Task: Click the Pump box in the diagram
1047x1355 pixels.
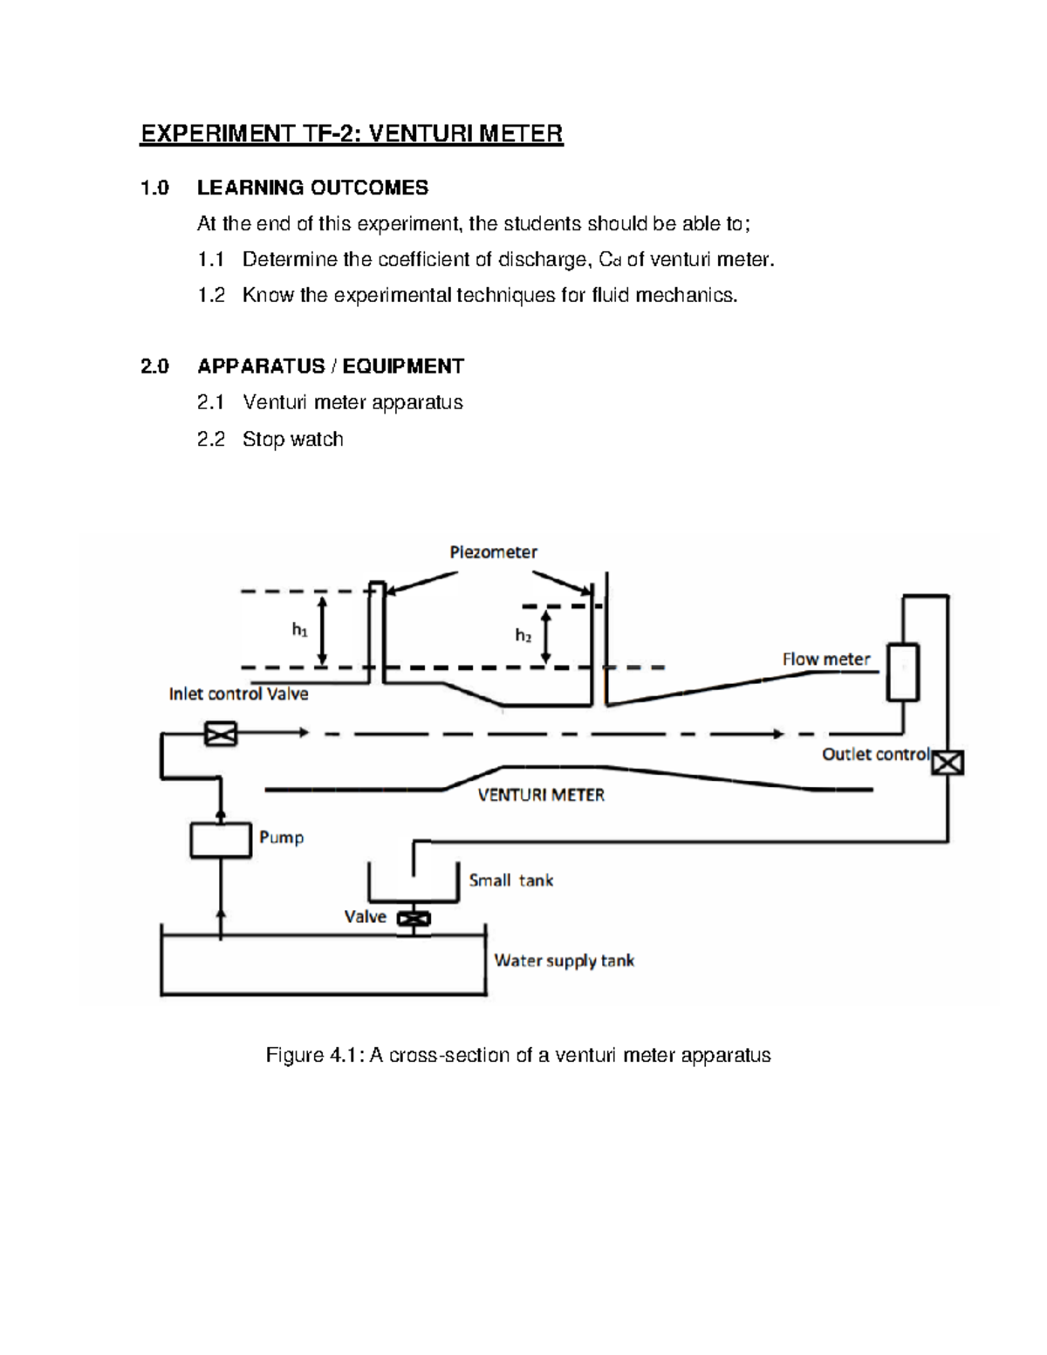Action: tap(221, 840)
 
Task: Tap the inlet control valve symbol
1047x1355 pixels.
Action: tap(220, 734)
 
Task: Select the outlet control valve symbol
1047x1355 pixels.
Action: tap(948, 763)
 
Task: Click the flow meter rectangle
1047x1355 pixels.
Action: tap(903, 672)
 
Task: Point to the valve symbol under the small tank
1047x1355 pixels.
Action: tap(414, 919)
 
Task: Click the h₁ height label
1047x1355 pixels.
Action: tap(299, 629)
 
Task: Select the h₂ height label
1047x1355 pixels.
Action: tap(523, 635)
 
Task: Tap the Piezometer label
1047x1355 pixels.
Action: tap(493, 551)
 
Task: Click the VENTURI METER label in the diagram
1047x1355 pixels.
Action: tap(541, 795)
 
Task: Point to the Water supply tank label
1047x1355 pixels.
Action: tap(564, 961)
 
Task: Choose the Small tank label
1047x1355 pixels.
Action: tap(510, 880)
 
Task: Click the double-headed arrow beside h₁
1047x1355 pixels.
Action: tap(323, 630)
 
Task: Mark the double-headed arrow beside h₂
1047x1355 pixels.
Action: tap(547, 636)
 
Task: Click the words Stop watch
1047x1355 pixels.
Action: tap(292, 439)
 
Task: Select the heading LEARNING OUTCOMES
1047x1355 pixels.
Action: tap(312, 188)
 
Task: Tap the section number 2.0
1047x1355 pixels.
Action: tap(154, 366)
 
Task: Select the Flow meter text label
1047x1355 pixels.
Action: tap(825, 660)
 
